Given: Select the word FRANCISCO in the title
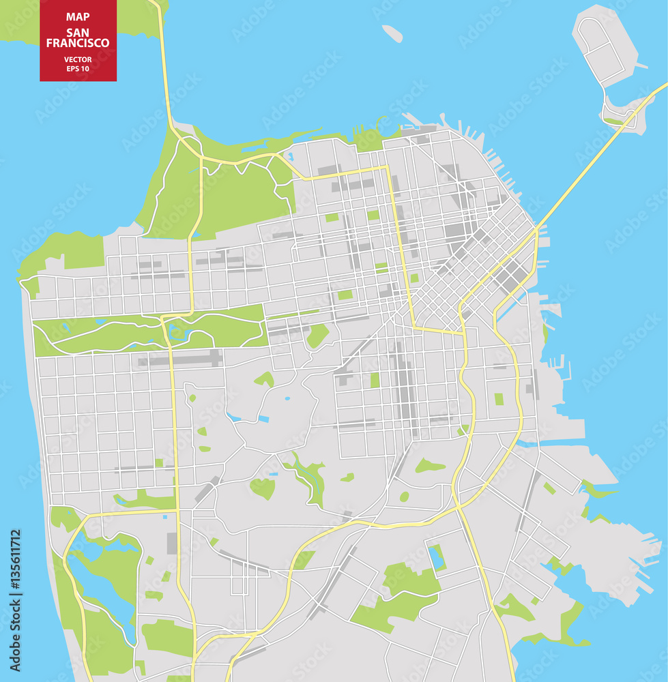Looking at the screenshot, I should click(x=78, y=43).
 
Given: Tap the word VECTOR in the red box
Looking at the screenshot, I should click(x=78, y=59).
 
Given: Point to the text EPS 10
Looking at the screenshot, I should click(x=78, y=68).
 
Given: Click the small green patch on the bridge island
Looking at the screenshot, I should click(x=613, y=121).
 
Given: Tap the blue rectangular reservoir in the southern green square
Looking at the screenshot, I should click(x=436, y=557).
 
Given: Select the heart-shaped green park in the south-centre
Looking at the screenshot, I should click(x=263, y=488).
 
